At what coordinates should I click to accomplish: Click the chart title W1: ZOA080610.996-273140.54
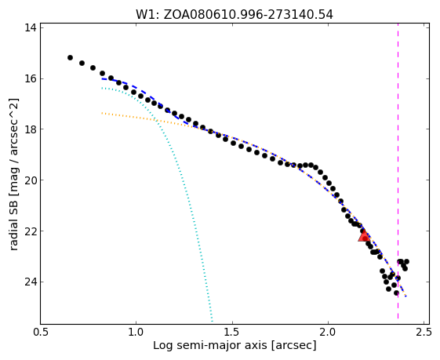click(x=235, y=15)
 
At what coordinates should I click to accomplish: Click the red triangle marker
click(x=364, y=236)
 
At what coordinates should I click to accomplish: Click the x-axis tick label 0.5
click(x=41, y=332)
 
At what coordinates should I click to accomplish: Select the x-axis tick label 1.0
click(x=136, y=332)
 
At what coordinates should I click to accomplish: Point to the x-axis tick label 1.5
click(x=232, y=332)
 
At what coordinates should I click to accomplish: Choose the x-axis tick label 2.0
click(x=328, y=332)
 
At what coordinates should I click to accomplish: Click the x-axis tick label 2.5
click(x=424, y=332)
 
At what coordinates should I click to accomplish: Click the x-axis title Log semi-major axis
click(x=210, y=345)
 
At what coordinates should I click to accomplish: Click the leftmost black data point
click(x=70, y=57)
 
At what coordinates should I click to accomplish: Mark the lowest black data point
click(x=396, y=293)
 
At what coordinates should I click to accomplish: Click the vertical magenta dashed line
click(x=398, y=171)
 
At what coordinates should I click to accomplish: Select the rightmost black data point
click(x=406, y=261)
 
